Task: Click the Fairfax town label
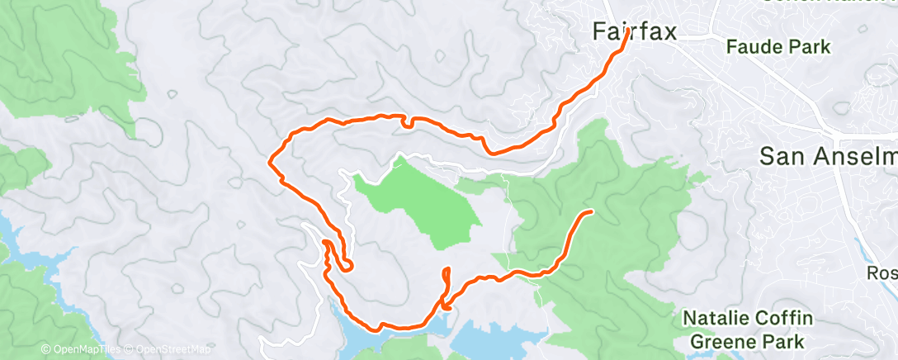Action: click(635, 32)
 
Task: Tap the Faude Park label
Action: click(778, 47)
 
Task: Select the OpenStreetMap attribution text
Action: click(175, 350)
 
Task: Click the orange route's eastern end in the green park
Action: click(591, 212)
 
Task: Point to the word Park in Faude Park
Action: click(810, 47)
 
